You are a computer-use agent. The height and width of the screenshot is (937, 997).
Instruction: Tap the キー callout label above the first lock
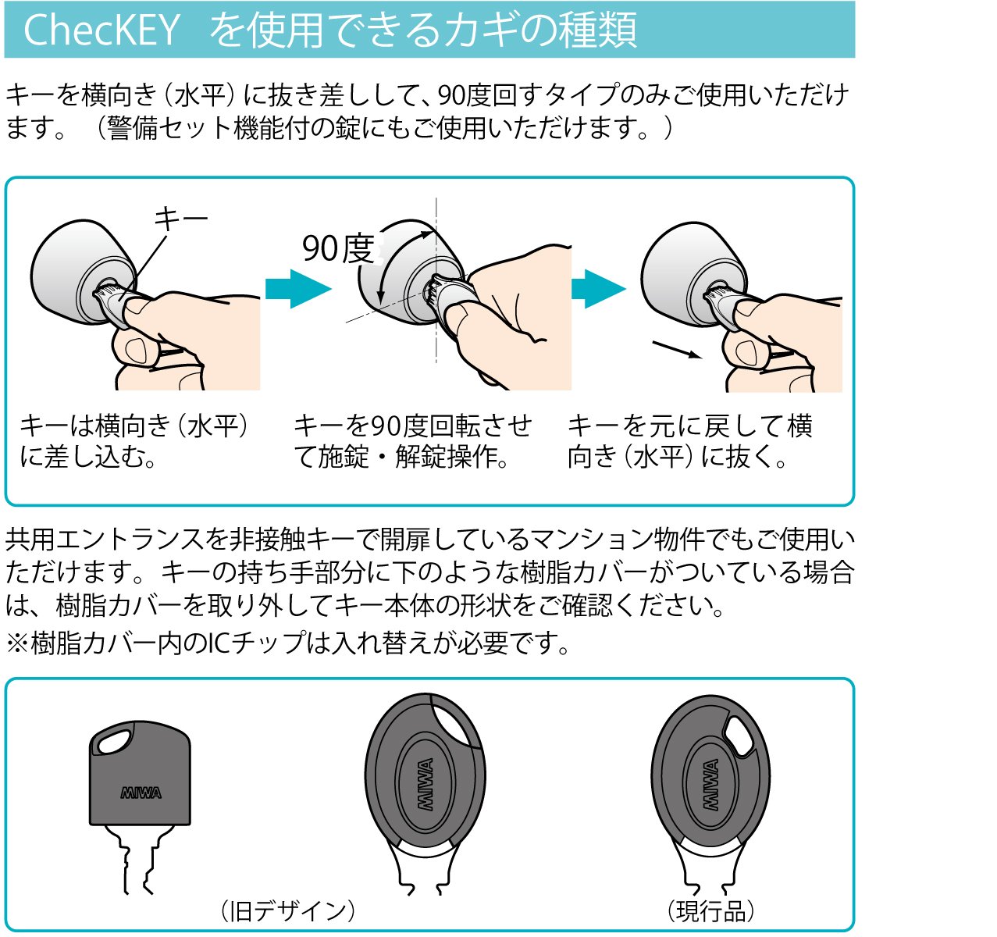click(180, 219)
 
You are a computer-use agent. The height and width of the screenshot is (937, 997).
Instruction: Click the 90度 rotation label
click(338, 248)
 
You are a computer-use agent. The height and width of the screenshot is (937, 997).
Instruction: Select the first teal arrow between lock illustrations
click(298, 289)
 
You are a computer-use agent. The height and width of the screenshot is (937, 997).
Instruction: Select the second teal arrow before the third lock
click(598, 289)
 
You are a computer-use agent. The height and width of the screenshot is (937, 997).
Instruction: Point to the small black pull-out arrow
click(677, 350)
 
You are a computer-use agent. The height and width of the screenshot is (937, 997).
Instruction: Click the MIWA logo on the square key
click(141, 793)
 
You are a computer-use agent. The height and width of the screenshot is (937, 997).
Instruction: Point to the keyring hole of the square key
click(113, 742)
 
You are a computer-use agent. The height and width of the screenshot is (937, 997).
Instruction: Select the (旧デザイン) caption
click(287, 910)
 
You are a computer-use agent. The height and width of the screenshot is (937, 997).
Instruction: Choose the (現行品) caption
click(710, 910)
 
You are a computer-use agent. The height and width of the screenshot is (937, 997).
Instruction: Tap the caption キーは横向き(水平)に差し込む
click(134, 441)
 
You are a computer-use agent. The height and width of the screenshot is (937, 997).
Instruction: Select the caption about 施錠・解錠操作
click(412, 441)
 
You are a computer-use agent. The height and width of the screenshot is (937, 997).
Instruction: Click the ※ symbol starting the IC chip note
click(18, 643)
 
